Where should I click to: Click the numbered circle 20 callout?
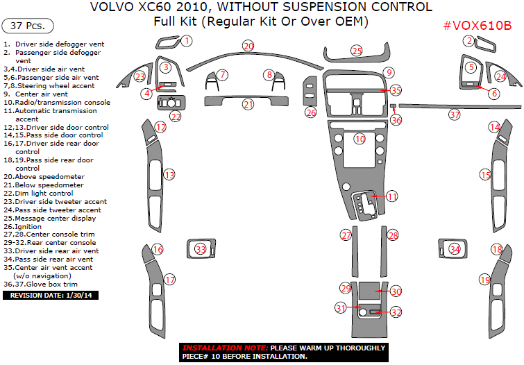248,46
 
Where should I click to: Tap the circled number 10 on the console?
360,139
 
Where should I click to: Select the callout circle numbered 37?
455,114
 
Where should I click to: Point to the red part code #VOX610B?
477,26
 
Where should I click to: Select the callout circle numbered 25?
357,51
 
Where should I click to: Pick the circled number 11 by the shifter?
392,197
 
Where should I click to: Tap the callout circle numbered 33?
201,248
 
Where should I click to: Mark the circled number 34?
455,248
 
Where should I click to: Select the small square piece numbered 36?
393,108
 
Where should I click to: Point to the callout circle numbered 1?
187,42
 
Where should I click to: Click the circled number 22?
176,117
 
